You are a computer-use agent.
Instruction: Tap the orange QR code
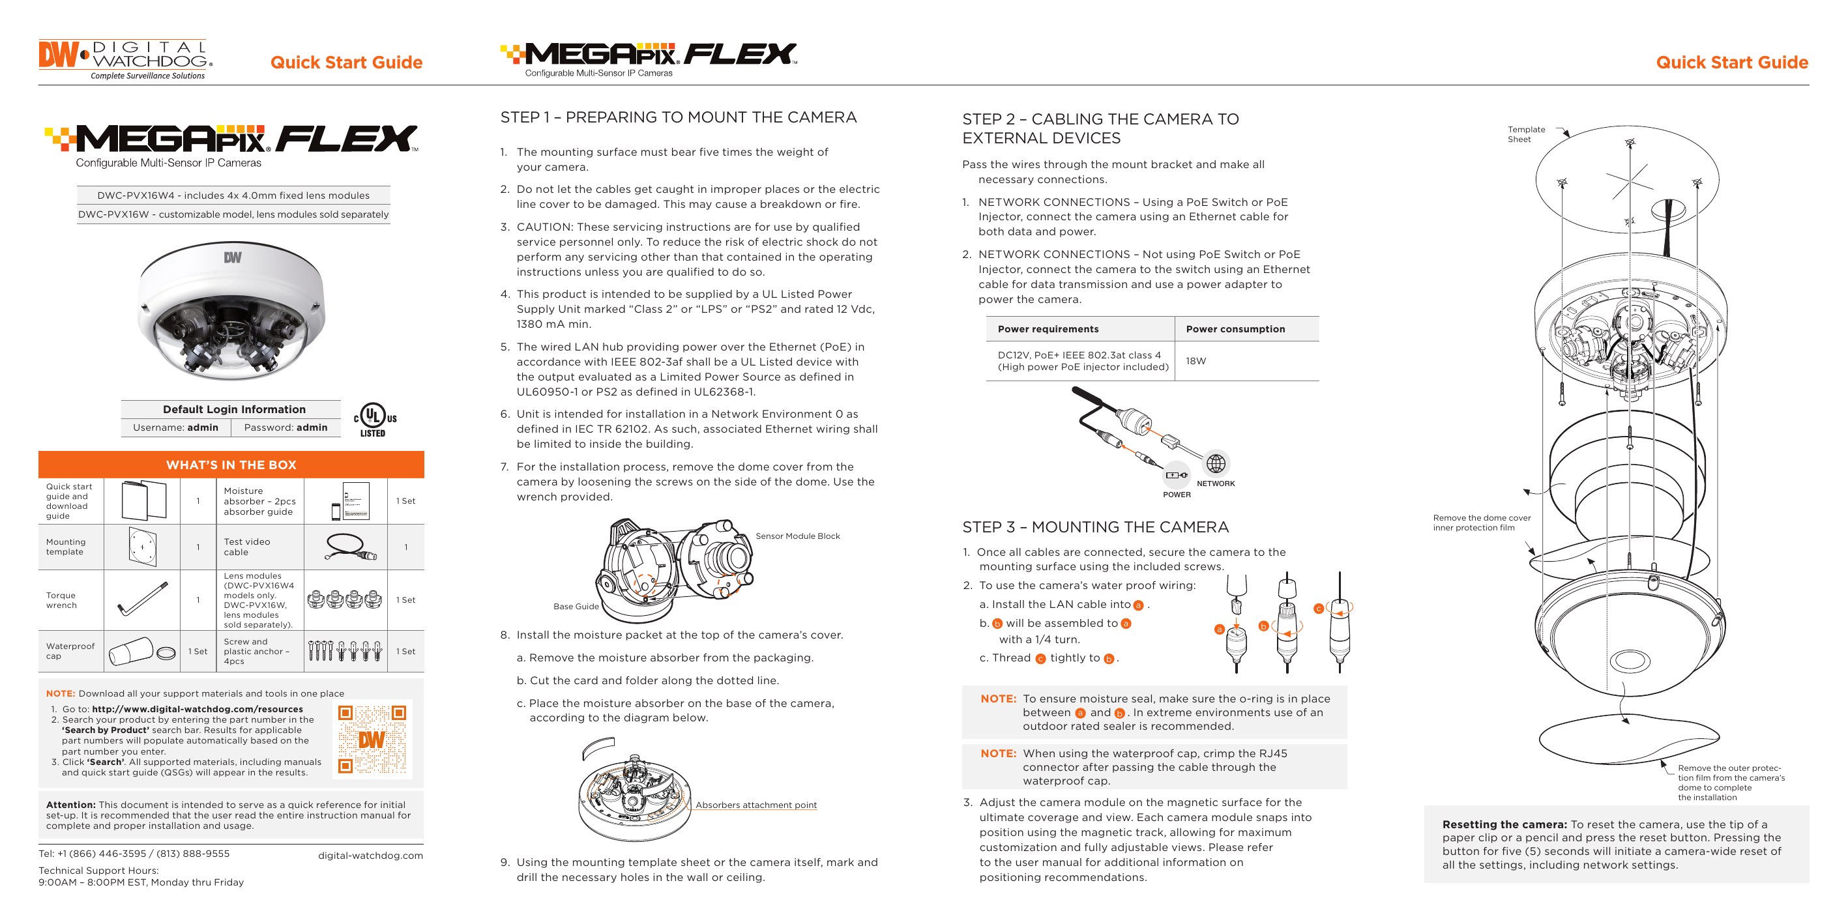[372, 739]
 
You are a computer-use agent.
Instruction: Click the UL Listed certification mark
[374, 420]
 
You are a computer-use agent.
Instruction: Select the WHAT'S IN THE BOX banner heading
[231, 465]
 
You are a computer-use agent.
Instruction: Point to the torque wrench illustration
[142, 599]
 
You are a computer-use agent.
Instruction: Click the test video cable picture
[350, 547]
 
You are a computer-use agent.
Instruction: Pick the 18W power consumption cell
[1196, 361]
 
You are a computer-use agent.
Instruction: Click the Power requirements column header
[1048, 329]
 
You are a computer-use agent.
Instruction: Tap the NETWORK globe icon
[1215, 463]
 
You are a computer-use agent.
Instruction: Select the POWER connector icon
[1176, 475]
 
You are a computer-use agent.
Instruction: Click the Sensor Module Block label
[797, 536]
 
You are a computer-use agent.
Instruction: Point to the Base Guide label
[576, 606]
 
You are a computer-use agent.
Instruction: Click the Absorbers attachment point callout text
[755, 805]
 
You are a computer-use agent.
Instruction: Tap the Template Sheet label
[1525, 134]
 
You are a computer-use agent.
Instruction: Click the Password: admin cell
[286, 427]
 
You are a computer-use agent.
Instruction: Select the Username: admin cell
[176, 427]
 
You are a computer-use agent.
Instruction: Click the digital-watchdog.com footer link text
[370, 855]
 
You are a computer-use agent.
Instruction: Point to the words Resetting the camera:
[1504, 824]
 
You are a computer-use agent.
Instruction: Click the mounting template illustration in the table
[142, 547]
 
